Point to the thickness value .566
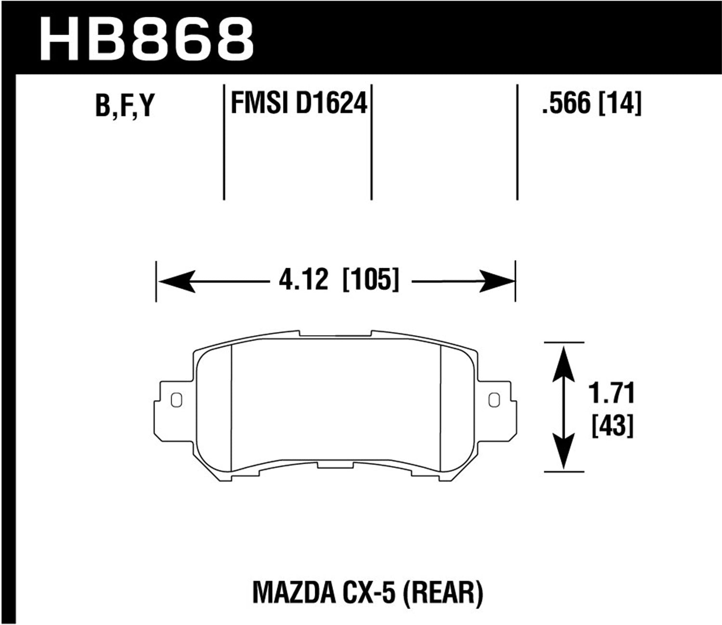[566, 103]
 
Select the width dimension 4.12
[303, 280]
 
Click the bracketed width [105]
[371, 280]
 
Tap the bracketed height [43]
[612, 425]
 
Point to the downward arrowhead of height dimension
[563, 453]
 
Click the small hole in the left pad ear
[177, 399]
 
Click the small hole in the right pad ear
[493, 399]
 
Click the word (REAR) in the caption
[445, 593]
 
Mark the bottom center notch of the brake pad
[335, 466]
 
